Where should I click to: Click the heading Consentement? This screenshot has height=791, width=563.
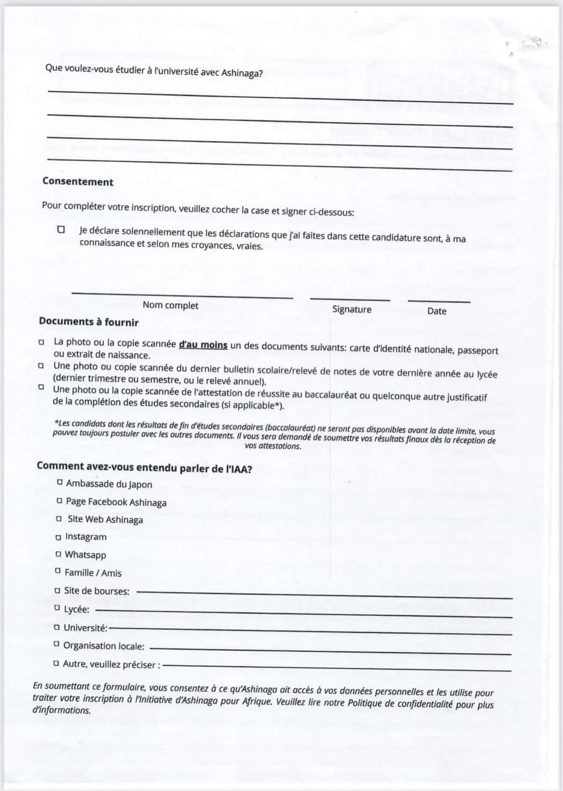(x=78, y=181)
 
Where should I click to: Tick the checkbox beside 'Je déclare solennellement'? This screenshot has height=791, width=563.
(x=62, y=229)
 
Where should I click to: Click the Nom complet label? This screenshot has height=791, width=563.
(x=170, y=305)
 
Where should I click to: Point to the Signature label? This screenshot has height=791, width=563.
(x=352, y=309)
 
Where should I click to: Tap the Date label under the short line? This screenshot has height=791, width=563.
(x=436, y=311)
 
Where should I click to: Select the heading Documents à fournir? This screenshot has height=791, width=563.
(x=89, y=322)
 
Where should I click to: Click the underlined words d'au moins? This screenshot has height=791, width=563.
(x=203, y=345)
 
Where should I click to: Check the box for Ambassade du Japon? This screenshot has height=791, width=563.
(x=60, y=482)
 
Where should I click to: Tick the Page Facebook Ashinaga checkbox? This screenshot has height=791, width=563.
(x=60, y=501)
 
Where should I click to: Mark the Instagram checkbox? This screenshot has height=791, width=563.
(x=58, y=537)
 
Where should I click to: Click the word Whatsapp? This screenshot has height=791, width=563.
(x=85, y=555)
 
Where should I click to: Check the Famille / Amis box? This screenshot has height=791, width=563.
(x=58, y=571)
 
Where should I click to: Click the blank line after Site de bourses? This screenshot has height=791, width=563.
(x=323, y=594)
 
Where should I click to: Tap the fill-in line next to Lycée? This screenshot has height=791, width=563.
(x=302, y=613)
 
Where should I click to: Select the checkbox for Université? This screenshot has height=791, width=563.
(x=56, y=627)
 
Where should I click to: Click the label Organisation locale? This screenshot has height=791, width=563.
(x=104, y=646)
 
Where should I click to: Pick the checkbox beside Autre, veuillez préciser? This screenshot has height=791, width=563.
(x=56, y=664)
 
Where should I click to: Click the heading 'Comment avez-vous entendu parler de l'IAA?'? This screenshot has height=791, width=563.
(x=144, y=467)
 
